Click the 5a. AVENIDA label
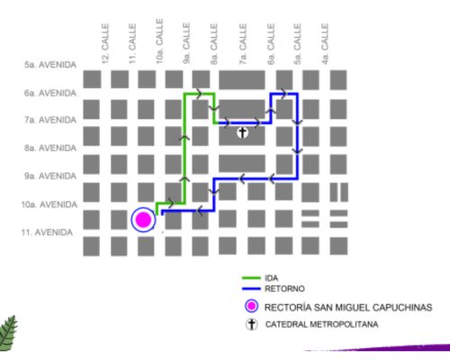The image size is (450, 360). pyautogui.click(x=50, y=65)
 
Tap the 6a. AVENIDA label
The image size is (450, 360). pyautogui.click(x=50, y=93)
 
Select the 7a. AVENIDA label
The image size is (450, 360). pyautogui.click(x=50, y=120)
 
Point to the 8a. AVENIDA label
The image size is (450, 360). pyautogui.click(x=50, y=148)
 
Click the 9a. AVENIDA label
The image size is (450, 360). pyautogui.click(x=50, y=175)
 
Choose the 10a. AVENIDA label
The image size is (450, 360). pyautogui.click(x=49, y=204)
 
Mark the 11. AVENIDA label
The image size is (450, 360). pyautogui.click(x=47, y=232)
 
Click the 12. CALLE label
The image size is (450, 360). pyautogui.click(x=105, y=44)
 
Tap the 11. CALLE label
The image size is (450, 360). pyautogui.click(x=132, y=44)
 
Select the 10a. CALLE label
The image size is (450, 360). pyautogui.click(x=159, y=41)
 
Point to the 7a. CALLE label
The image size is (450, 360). pyautogui.click(x=243, y=44)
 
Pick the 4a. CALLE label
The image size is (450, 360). pyautogui.click(x=325, y=44)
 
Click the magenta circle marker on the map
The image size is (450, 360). pyautogui.click(x=143, y=220)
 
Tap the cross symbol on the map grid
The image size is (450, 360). pyautogui.click(x=242, y=132)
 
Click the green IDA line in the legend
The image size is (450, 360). pyautogui.click(x=251, y=278)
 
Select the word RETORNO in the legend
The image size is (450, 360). pyautogui.click(x=284, y=289)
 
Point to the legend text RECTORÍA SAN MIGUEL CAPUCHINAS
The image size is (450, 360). pyautogui.click(x=348, y=308)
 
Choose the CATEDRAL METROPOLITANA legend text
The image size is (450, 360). pyautogui.click(x=321, y=324)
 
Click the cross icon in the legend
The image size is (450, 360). pyautogui.click(x=252, y=324)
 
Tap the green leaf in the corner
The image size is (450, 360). pyautogui.click(x=8, y=333)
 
